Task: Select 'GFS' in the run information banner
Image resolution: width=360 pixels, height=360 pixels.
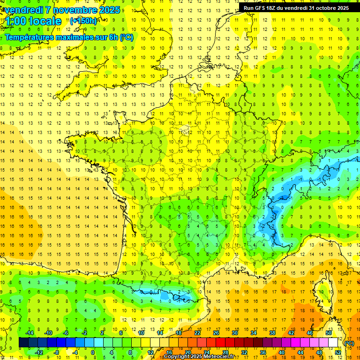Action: pyautogui.click(x=260, y=8)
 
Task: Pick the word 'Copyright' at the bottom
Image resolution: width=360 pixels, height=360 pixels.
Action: pyautogui.click(x=177, y=357)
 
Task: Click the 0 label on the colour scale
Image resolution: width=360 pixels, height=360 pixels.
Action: pyautogui.click(x=93, y=352)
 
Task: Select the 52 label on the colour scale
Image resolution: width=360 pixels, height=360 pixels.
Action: pyautogui.click(x=338, y=352)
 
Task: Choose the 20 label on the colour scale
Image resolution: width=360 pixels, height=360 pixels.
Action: pyautogui.click(x=188, y=352)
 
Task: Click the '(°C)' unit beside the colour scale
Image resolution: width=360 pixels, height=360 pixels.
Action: pyautogui.click(x=349, y=343)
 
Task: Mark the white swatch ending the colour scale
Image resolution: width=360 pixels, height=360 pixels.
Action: pyautogui.click(x=333, y=343)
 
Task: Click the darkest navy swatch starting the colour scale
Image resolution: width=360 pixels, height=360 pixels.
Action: pyautogui.click(x=23, y=343)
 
